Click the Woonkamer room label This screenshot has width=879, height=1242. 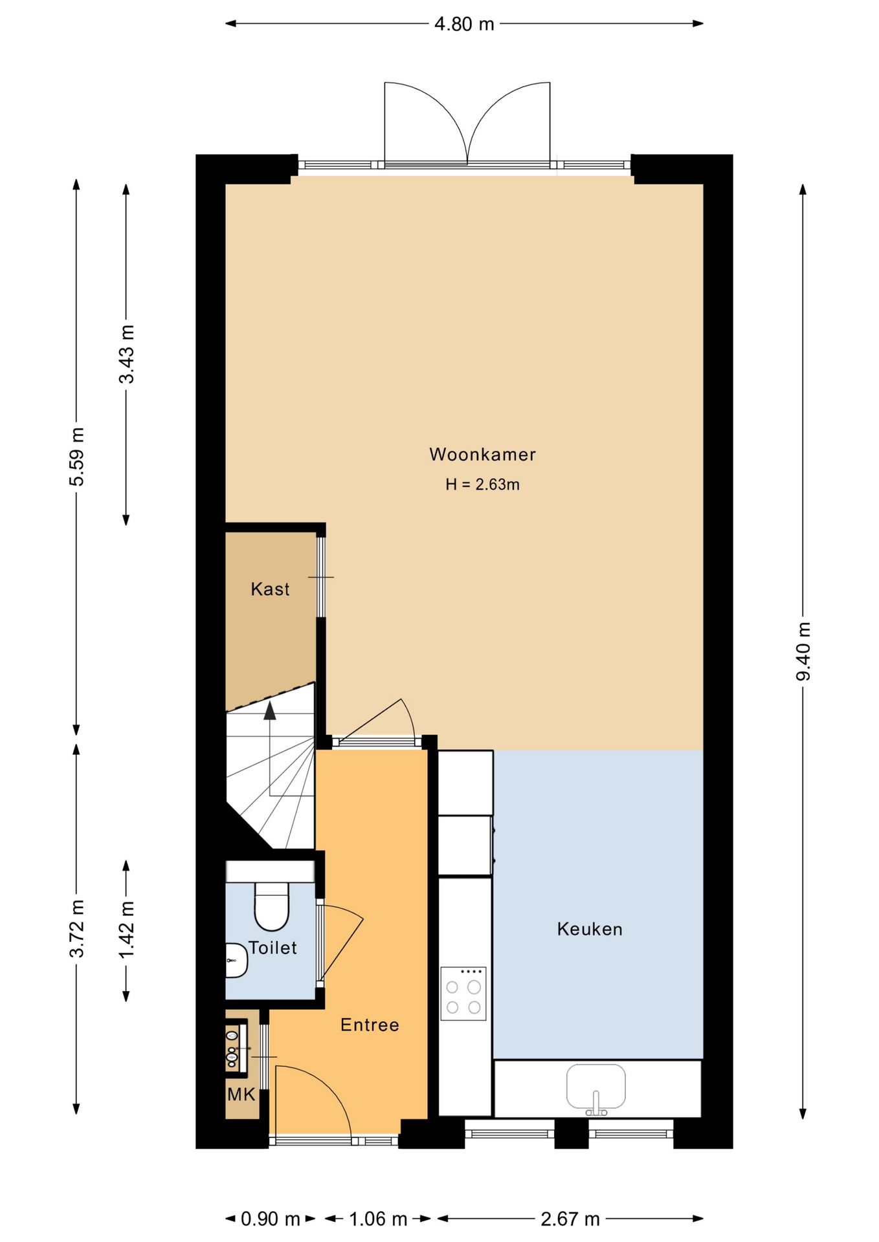point(482,454)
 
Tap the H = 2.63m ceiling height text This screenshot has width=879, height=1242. point(482,485)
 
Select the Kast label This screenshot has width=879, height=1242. point(270,589)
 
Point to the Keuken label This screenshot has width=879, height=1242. point(590,929)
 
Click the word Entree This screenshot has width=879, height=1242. point(370,1025)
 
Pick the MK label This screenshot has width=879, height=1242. point(241,1095)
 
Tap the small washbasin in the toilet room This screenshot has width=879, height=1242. point(236,960)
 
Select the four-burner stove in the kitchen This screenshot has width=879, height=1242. point(463,993)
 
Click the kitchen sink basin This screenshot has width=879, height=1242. point(596,1087)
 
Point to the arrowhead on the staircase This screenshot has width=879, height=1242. point(270,711)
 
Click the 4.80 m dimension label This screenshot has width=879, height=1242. point(464,25)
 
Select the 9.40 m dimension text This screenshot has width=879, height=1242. point(803,651)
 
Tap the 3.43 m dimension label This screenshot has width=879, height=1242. point(127,354)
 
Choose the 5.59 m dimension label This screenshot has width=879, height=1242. point(77,457)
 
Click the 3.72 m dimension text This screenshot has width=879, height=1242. point(77,928)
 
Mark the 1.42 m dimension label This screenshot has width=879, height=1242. point(127,930)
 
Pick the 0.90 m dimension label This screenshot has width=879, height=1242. point(271,1219)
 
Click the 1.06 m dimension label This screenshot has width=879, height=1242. point(378,1219)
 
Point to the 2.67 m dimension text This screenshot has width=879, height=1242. point(570,1219)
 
